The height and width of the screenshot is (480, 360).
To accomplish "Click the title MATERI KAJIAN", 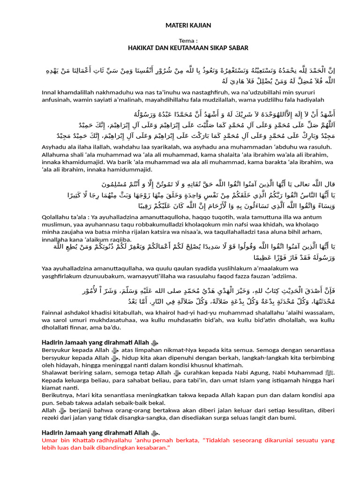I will (x=188, y=25).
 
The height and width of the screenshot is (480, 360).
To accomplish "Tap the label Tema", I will (x=187, y=41).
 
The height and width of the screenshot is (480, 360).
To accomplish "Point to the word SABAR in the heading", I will (x=237, y=48).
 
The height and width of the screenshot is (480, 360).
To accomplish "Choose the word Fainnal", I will (x=52, y=312).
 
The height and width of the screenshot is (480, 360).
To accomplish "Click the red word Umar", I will (x=50, y=441).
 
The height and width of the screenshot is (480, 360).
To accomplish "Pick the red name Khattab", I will (x=82, y=441).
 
